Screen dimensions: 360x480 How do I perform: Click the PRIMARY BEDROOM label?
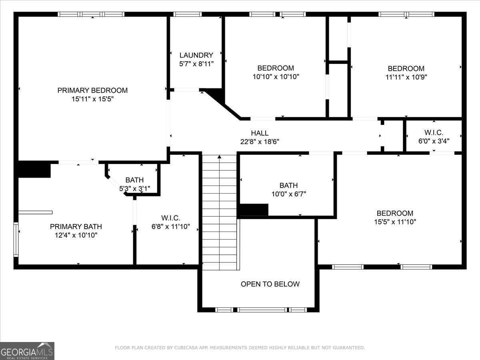pyautogui.click(x=92, y=90)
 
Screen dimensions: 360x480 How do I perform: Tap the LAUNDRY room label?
pyautogui.click(x=196, y=55)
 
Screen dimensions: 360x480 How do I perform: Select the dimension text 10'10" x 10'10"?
pyautogui.click(x=276, y=76)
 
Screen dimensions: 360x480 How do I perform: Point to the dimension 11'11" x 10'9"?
pyautogui.click(x=406, y=77)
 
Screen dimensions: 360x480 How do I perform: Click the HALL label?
pyautogui.click(x=260, y=133)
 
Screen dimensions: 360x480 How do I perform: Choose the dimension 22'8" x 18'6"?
pyautogui.click(x=260, y=142)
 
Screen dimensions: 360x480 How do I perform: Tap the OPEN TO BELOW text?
pyautogui.click(x=270, y=284)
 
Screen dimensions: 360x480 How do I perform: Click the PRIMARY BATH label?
pyautogui.click(x=76, y=227)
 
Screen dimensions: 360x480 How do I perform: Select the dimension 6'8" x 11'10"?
pyautogui.click(x=170, y=227)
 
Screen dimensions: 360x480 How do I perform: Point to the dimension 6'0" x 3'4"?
pyautogui.click(x=434, y=141)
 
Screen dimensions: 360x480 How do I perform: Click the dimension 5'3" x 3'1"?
pyautogui.click(x=134, y=188)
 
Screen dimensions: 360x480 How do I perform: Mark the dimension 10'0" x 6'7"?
pyautogui.click(x=288, y=194)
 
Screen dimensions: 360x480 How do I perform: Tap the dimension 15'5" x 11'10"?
pyautogui.click(x=395, y=222)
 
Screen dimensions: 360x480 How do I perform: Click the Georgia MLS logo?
pyautogui.click(x=27, y=351)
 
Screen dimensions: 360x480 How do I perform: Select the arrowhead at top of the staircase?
pyautogui.click(x=219, y=157)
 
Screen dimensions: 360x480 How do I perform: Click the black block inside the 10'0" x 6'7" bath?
pyautogui.click(x=253, y=210)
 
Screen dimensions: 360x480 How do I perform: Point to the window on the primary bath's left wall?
pyautogui.click(x=16, y=239)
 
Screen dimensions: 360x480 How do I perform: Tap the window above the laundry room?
pyautogui.click(x=188, y=14)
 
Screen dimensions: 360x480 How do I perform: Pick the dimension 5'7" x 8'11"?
pyautogui.click(x=196, y=64)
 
